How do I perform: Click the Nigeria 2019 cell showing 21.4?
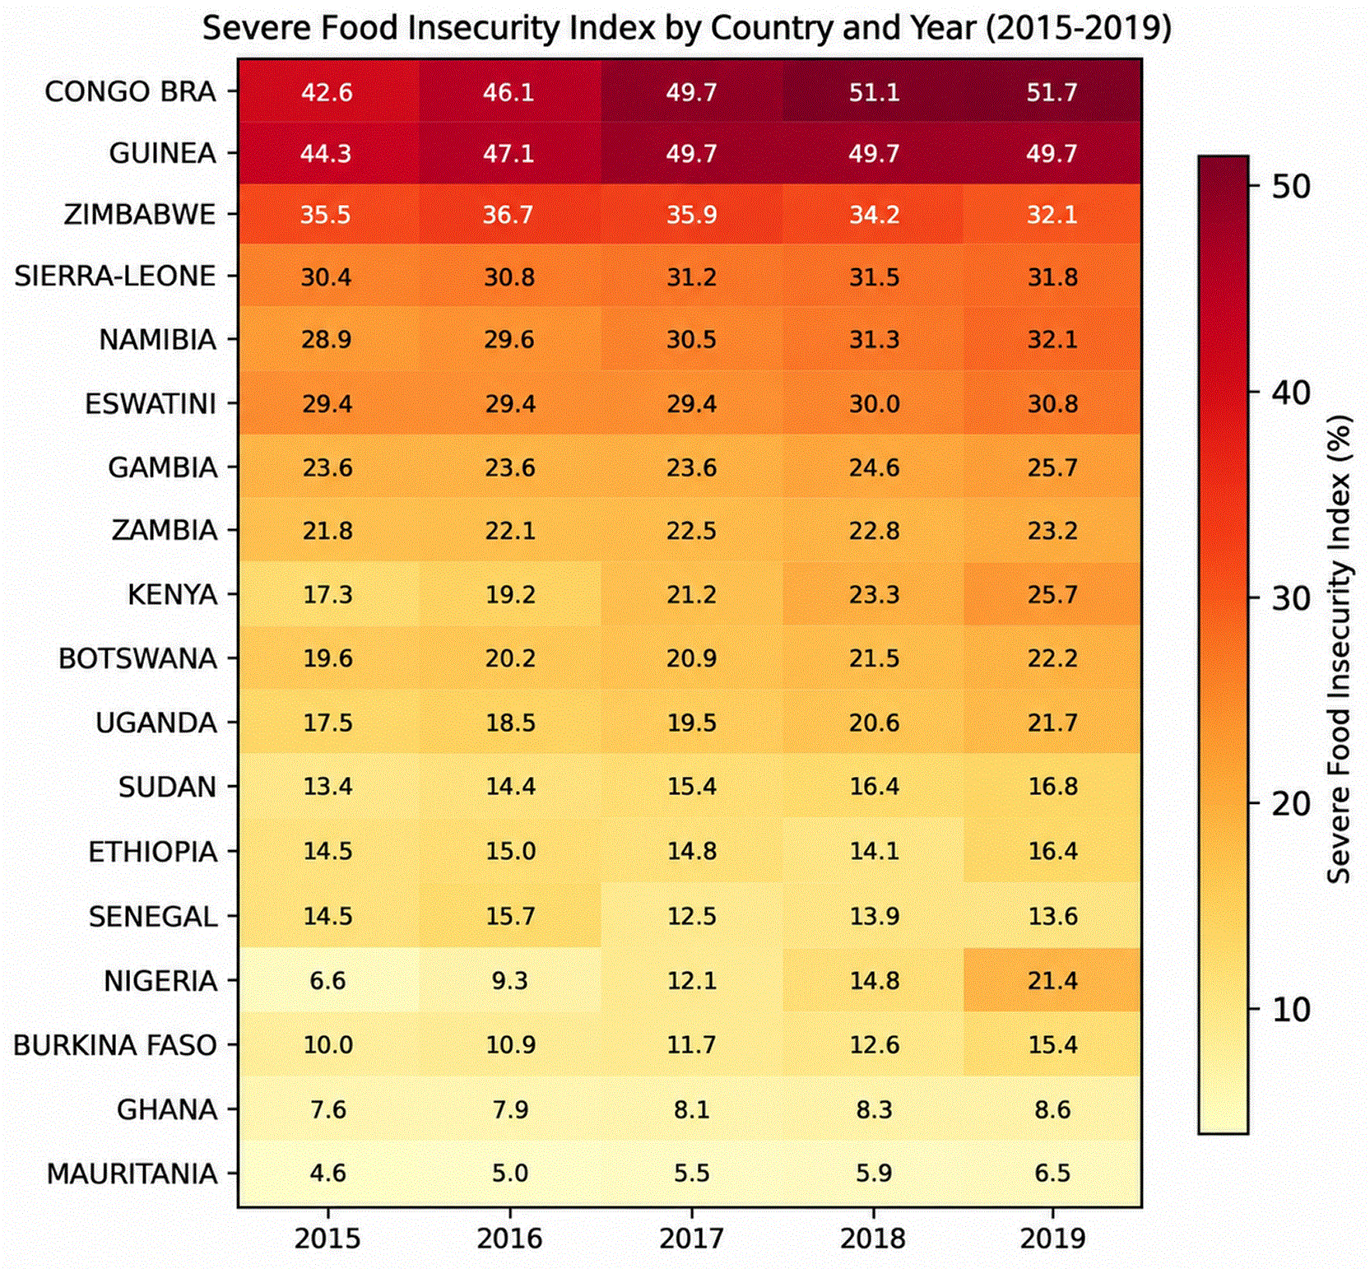[1052, 980]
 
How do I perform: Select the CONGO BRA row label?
[130, 91]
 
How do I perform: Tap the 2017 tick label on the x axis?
[691, 1238]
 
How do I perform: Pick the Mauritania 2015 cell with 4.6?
[327, 1173]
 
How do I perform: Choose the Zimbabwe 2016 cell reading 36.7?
[509, 214]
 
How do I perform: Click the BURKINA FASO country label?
[115, 1044]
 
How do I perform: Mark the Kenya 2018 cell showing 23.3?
[873, 593]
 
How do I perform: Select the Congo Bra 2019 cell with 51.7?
[1052, 91]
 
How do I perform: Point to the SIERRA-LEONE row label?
[115, 276]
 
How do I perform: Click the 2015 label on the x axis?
[327, 1238]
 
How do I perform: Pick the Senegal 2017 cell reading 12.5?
[691, 916]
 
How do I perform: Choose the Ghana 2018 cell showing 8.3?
[873, 1109]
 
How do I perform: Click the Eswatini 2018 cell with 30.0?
[873, 403]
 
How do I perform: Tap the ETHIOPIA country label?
[153, 851]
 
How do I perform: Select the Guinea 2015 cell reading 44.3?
[327, 153]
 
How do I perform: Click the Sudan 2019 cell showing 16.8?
[1052, 786]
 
